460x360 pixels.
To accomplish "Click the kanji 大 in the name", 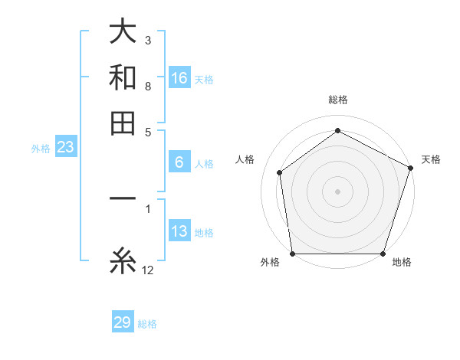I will pyautogui.click(x=123, y=32).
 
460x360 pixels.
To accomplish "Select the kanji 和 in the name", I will pyautogui.click(x=123, y=77).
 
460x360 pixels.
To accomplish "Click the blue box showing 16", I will pyautogui.click(x=179, y=78).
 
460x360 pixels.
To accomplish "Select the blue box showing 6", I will pyautogui.click(x=179, y=162).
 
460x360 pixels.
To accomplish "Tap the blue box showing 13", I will pyautogui.click(x=179, y=232).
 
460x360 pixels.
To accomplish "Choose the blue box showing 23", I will pyautogui.click(x=65, y=148).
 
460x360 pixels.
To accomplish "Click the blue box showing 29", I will pyautogui.click(x=123, y=322).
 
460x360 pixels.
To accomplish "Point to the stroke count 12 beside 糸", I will pyautogui.click(x=148, y=270).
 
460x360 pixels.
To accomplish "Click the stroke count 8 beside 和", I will pyautogui.click(x=148, y=86).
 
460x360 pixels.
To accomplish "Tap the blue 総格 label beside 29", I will pyautogui.click(x=147, y=324).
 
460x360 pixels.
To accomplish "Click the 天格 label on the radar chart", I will pyautogui.click(x=431, y=159).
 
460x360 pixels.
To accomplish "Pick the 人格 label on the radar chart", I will pyautogui.click(x=245, y=159).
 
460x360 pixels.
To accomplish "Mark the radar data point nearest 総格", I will pyautogui.click(x=337, y=131).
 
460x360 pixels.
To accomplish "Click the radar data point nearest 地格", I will pyautogui.click(x=383, y=254).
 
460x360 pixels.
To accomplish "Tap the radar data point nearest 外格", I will pyautogui.click(x=292, y=254).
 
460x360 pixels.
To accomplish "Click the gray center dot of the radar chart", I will pyautogui.click(x=337, y=191).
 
